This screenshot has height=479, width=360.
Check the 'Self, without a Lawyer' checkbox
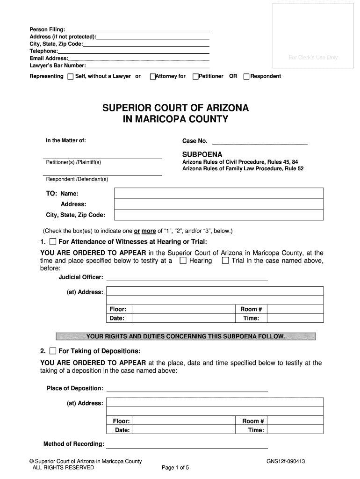pyautogui.click(x=71, y=77)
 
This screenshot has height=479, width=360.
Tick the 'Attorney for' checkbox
pyautogui.click(x=152, y=77)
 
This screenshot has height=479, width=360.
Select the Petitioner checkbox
pyautogui.click(x=195, y=77)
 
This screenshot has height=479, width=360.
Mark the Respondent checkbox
pyautogui.click(x=246, y=77)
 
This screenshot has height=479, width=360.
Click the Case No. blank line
pyautogui.click(x=260, y=141)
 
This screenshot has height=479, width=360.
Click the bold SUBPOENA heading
pyautogui.click(x=202, y=154)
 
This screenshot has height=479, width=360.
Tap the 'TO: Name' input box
pyautogui.click(x=218, y=193)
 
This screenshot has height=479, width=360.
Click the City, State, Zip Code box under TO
pyautogui.click(x=218, y=215)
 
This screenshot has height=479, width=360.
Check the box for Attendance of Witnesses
pyautogui.click(x=53, y=242)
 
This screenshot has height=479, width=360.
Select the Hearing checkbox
pyautogui.click(x=184, y=261)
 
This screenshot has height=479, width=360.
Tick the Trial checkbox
pyautogui.click(x=225, y=261)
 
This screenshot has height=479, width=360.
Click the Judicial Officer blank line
pyautogui.click(x=187, y=277)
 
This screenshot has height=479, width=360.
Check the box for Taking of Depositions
pyautogui.click(x=53, y=351)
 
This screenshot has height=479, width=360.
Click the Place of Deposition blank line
pyautogui.click(x=187, y=388)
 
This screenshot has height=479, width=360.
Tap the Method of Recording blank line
pyautogui.click(x=187, y=444)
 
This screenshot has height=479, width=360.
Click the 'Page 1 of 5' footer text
pyautogui.click(x=175, y=467)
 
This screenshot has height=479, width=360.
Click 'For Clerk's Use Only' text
pyautogui.click(x=313, y=58)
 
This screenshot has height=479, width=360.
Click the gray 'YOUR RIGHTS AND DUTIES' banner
pyautogui.click(x=186, y=336)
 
